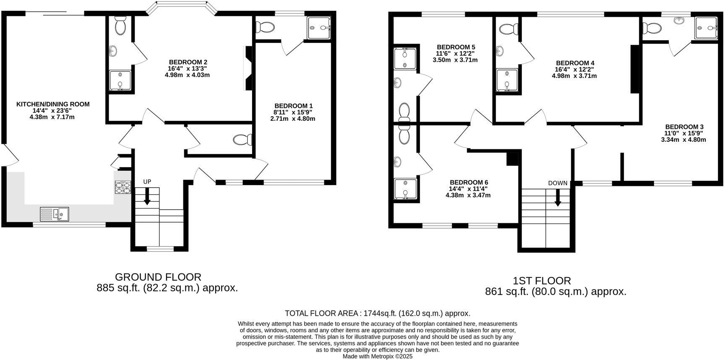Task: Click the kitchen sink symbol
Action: (55, 214)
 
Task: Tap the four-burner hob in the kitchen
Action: (123, 187)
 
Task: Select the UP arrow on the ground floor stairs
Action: (147, 196)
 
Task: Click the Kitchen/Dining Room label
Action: (53, 104)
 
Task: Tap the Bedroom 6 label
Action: (469, 182)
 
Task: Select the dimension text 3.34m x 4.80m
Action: (683, 140)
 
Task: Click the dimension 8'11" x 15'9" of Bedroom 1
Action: (293, 112)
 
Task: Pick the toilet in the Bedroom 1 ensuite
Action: (266, 27)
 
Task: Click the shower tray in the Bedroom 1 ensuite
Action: (319, 28)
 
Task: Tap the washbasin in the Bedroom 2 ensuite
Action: (113, 51)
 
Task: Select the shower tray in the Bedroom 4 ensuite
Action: (506, 80)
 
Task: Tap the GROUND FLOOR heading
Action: (158, 277)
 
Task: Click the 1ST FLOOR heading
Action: (542, 281)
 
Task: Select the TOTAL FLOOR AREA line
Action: (377, 313)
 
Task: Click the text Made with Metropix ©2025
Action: (378, 356)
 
